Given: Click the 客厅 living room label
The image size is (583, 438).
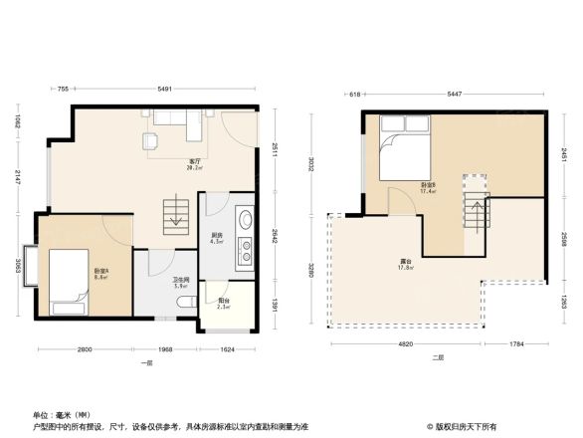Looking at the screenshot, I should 182,162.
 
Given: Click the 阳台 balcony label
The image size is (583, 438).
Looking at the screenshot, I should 224,303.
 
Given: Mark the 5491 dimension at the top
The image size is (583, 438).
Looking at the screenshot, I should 164,91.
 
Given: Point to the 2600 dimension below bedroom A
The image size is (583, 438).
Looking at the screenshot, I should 85,349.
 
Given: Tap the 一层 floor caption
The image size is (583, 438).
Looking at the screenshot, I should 146,363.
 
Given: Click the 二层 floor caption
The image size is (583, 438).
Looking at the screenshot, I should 438,357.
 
